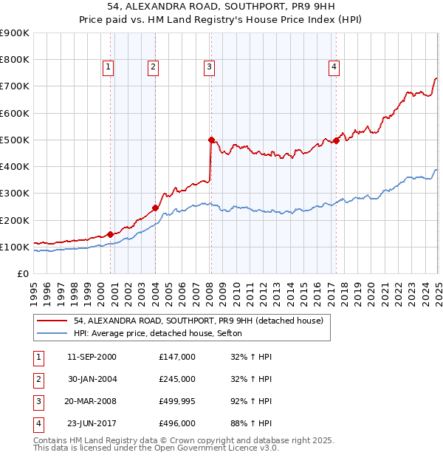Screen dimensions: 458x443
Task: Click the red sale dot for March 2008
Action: [x=211, y=140]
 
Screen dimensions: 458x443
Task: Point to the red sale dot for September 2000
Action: [x=110, y=234]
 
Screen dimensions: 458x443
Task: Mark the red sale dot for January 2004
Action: [x=156, y=208]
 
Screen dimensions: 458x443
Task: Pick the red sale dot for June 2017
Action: [x=336, y=140]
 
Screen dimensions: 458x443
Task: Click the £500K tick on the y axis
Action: [x=15, y=140]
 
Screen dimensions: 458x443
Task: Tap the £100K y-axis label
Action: [x=15, y=247]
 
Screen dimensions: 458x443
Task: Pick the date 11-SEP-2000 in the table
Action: [x=92, y=357]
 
